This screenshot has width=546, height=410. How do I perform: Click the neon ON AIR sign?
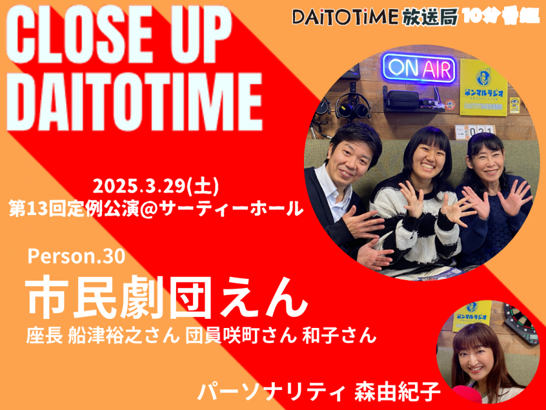pyautogui.click(x=419, y=68)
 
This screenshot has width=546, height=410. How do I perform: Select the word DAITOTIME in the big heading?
pyautogui.click(x=134, y=101)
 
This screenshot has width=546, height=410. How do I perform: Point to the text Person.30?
pyautogui.click(x=76, y=256)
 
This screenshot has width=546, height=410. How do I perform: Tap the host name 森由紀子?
pyautogui.click(x=397, y=391)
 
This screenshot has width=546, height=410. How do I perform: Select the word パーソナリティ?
pyautogui.click(x=272, y=391)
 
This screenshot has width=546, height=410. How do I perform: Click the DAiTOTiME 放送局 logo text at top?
pyautogui.click(x=375, y=17)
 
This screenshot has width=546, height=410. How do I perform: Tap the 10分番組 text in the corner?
pyautogui.click(x=501, y=15)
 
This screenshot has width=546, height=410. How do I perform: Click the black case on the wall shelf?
pyautogui.click(x=403, y=100)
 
